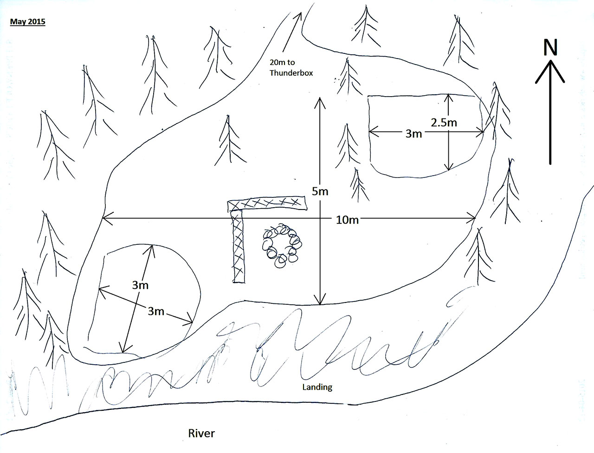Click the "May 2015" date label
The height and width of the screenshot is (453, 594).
pos(27,21)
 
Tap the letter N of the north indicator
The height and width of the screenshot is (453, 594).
pos(550,48)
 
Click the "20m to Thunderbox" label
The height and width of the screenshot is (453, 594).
pos(291,67)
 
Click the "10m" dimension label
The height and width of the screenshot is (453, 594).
pos(347,220)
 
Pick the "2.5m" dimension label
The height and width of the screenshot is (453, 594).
pos(444,123)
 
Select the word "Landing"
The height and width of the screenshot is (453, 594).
pos(317,387)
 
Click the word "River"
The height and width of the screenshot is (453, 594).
pos(201,433)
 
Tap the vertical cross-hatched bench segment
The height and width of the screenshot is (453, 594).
pos(238,246)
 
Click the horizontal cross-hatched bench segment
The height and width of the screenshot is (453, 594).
pos(268,203)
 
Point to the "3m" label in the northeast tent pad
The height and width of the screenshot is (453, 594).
pos(413,134)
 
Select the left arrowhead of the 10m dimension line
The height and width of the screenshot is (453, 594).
pos(104,217)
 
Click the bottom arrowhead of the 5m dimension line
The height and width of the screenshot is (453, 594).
pos(320,302)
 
